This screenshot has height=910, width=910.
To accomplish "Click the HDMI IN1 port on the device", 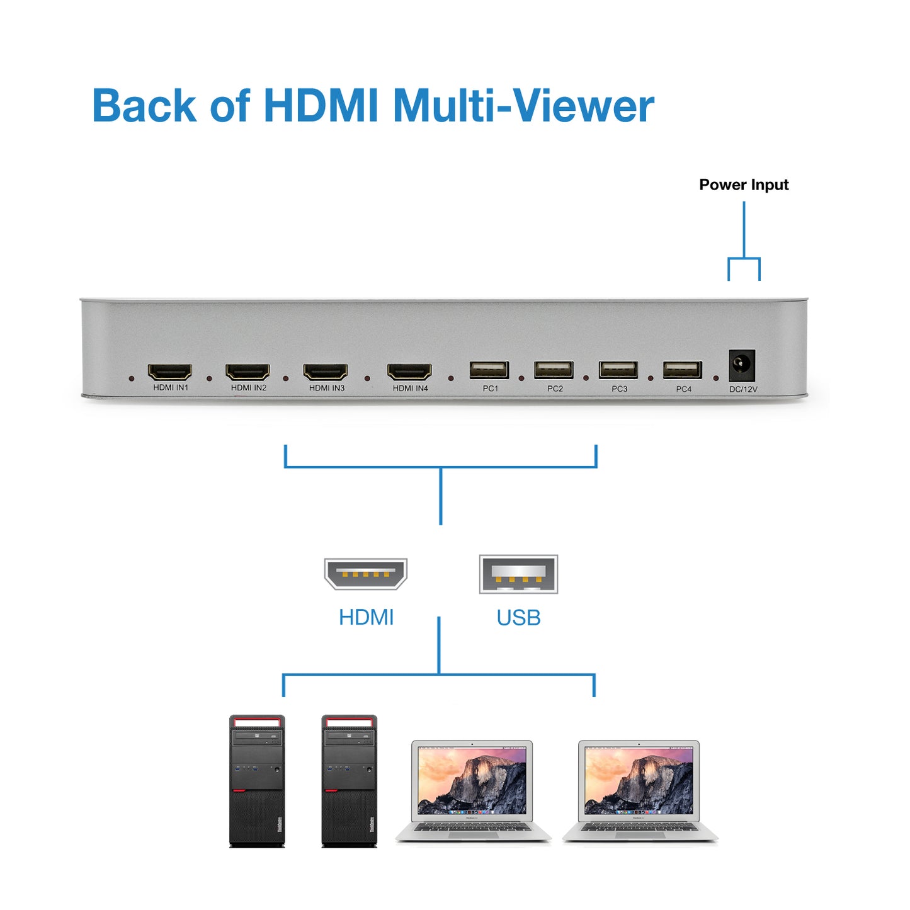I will (x=170, y=371).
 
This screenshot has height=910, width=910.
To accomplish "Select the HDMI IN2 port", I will (x=247, y=372).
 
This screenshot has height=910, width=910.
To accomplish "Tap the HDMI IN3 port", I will (x=326, y=372).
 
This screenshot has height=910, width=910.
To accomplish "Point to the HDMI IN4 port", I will (x=409, y=372).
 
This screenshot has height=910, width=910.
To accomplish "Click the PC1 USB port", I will (x=489, y=370).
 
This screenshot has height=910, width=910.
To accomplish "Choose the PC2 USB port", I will (x=554, y=370).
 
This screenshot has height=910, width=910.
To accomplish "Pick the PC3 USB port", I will (x=618, y=370).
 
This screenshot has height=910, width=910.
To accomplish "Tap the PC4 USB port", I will (x=683, y=370).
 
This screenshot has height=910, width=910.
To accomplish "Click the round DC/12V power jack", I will (x=742, y=365).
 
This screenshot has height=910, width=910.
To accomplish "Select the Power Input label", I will (x=744, y=185).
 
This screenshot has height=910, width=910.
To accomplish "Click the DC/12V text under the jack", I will (x=743, y=389).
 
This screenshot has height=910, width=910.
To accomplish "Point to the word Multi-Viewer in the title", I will (x=523, y=105).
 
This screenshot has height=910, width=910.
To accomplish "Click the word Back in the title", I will (x=144, y=105).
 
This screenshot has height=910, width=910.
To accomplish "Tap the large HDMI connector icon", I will (x=366, y=573).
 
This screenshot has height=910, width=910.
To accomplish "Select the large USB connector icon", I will (x=518, y=574).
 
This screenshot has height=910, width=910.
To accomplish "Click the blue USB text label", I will (x=518, y=618).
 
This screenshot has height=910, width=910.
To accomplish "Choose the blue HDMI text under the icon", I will (x=366, y=617).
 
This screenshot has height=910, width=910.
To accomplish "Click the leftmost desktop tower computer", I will (x=257, y=781).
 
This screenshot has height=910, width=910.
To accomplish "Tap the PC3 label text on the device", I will (x=619, y=389).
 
